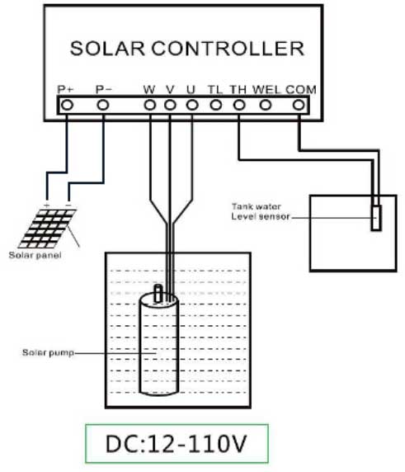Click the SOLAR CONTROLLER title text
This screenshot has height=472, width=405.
coord(186,48)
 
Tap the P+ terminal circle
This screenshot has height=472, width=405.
coord(66,105)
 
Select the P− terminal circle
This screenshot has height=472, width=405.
coord(103,105)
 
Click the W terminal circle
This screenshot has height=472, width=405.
coord(150,105)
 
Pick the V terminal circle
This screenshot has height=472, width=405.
coord(170,105)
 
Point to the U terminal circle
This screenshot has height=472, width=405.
coord(191,105)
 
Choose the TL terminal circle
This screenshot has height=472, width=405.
coord(215,105)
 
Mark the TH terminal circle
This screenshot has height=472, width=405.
coord(238,105)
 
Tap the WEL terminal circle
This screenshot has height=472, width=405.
coord(266,105)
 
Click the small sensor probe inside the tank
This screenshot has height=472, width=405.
coord(376,218)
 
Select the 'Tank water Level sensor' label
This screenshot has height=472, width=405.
coord(260,211)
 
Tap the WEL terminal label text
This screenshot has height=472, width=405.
coord(267,88)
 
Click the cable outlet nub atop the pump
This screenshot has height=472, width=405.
coord(161,292)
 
